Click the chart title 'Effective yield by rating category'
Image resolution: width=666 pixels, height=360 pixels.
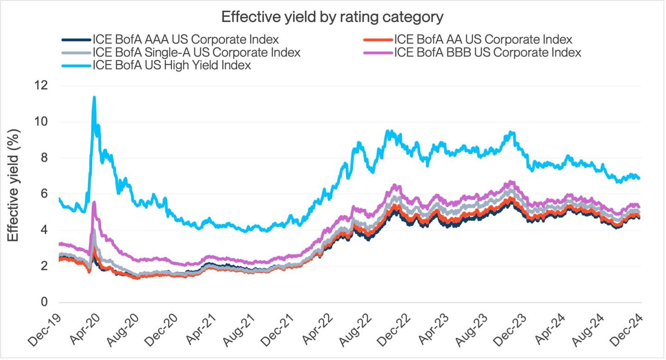point(333,17)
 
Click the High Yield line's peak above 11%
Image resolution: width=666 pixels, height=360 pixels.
point(94,98)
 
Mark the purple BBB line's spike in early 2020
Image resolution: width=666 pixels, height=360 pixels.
point(94,203)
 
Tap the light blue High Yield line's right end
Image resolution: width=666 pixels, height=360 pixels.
point(639,178)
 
